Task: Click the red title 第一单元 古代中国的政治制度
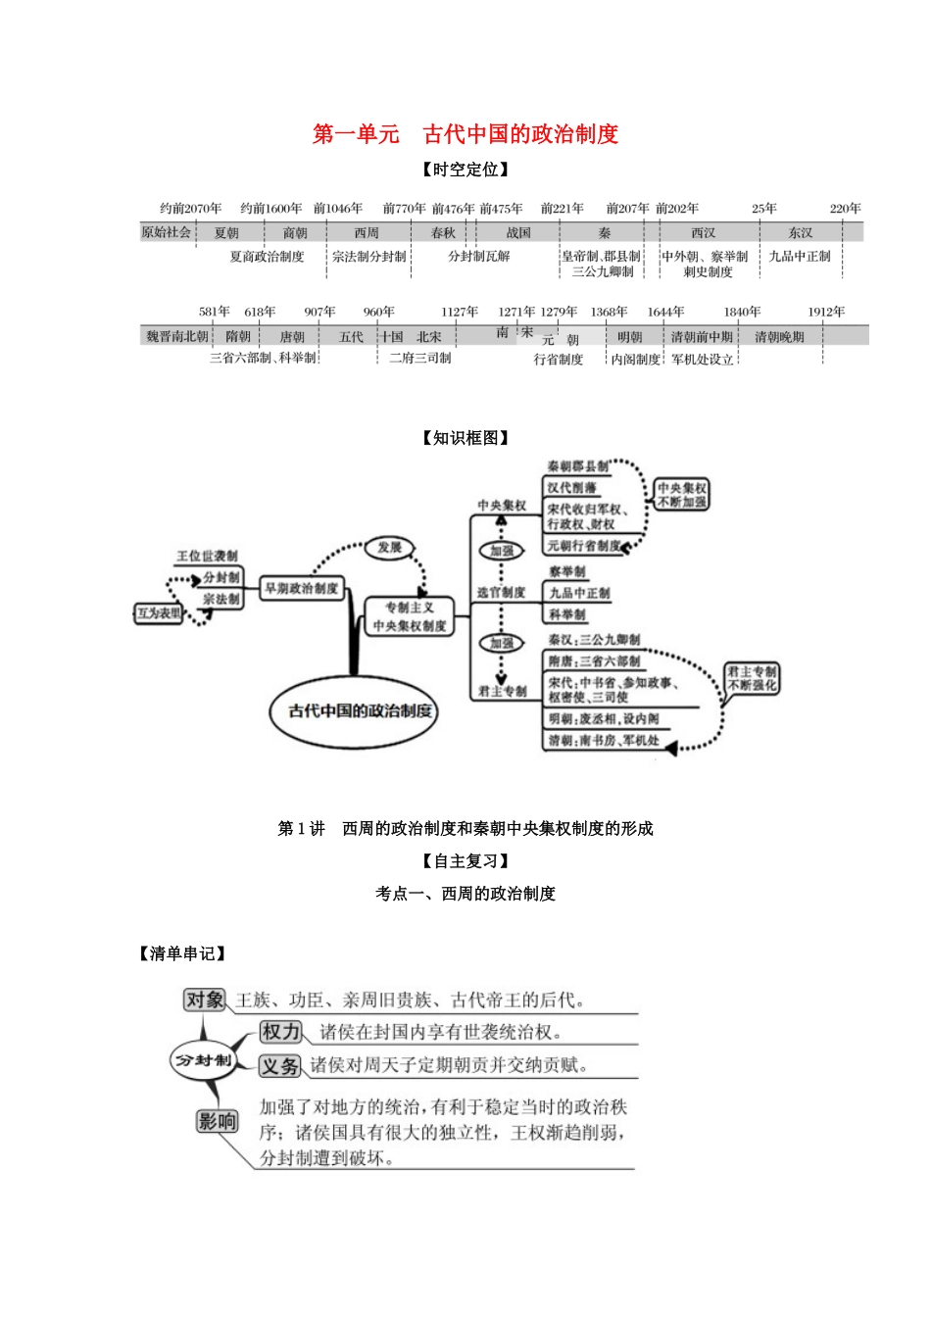[465, 134]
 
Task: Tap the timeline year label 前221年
[562, 209]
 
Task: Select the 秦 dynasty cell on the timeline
[604, 233]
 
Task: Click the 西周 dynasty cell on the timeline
[367, 233]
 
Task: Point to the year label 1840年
[742, 312]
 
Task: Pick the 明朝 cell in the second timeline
[629, 337]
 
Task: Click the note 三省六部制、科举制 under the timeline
[263, 359]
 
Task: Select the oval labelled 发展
[390, 548]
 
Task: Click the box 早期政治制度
[301, 588]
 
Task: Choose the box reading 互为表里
[160, 613]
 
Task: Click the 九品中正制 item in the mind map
[578, 593]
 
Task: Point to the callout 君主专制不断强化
[752, 678]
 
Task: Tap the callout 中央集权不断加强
[681, 495]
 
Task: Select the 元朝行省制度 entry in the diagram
[584, 546]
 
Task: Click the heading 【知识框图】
[465, 438]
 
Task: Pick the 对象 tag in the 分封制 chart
[205, 1000]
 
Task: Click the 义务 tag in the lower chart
[280, 1065]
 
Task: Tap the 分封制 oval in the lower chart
[203, 1060]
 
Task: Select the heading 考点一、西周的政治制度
[465, 894]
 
